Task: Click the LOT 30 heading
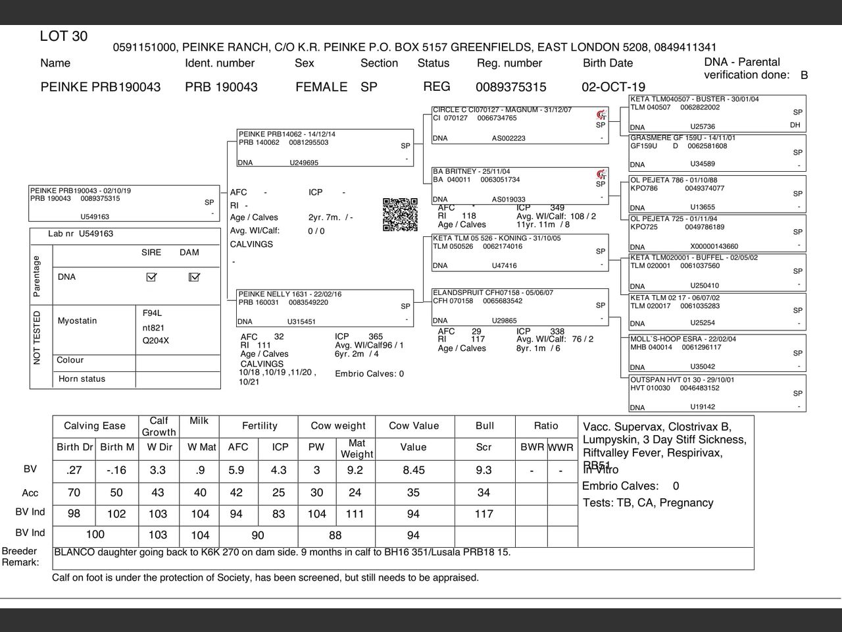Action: (x=64, y=36)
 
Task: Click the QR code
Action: (x=400, y=214)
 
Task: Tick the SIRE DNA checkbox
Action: (x=151, y=277)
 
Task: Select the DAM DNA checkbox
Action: (x=193, y=277)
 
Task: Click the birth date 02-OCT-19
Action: (x=613, y=87)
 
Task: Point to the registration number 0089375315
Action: (x=510, y=87)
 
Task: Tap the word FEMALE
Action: (x=321, y=87)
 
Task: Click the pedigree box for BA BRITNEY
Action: (x=520, y=186)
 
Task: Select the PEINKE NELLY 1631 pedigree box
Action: (x=325, y=307)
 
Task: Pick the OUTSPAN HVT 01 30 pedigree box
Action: (x=716, y=393)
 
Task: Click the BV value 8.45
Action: (x=413, y=470)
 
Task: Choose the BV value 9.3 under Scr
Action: (x=483, y=470)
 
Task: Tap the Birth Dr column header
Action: (x=75, y=447)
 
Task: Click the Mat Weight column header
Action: (x=357, y=448)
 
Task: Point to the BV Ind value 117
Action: (x=483, y=513)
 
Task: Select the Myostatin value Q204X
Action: (x=156, y=341)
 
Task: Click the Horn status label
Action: (x=82, y=379)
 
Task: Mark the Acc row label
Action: (x=30, y=493)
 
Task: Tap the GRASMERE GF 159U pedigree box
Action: (x=716, y=151)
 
